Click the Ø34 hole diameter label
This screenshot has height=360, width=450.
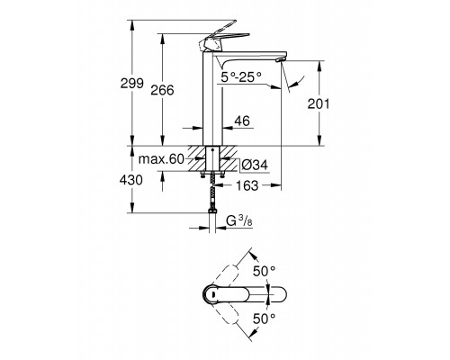[258, 164]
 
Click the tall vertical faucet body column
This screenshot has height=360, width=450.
[213, 103]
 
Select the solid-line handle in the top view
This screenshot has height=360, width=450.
[238, 294]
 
